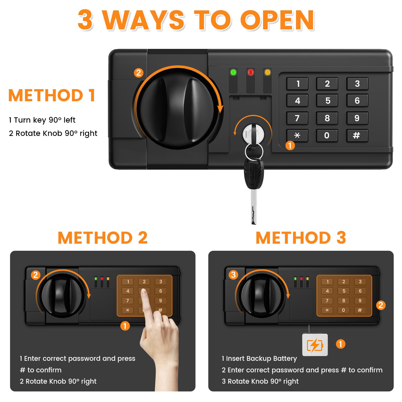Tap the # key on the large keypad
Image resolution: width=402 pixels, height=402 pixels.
click(357, 136)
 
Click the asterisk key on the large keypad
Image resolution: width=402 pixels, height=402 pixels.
click(297, 136)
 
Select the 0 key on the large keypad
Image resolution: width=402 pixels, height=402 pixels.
click(327, 136)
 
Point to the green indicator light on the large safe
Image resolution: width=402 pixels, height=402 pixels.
click(233, 73)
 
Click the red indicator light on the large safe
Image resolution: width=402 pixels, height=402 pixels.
click(250, 73)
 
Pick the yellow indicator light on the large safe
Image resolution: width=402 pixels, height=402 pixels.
click(268, 73)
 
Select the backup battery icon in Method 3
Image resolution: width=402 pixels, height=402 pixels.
click(315, 345)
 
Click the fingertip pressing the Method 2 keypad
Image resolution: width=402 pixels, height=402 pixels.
click(144, 292)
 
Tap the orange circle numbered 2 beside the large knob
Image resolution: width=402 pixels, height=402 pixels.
click(138, 73)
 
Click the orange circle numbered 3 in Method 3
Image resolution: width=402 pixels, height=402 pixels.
click(233, 275)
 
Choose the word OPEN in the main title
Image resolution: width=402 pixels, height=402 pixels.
click(277, 20)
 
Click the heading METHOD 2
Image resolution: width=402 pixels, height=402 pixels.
click(103, 238)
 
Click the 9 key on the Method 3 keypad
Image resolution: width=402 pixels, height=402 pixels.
click(360, 300)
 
